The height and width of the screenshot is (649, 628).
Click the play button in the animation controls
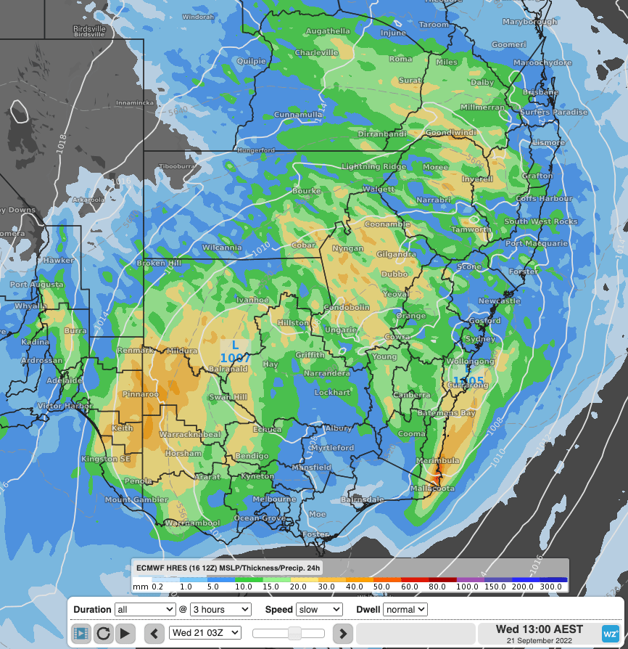click(125, 633)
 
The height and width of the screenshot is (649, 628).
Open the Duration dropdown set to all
click(145, 610)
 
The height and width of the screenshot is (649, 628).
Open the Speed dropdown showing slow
click(318, 610)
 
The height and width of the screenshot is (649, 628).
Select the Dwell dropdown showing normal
click(405, 610)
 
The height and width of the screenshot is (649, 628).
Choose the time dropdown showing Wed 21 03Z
click(204, 633)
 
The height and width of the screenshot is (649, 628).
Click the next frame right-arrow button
click(343, 633)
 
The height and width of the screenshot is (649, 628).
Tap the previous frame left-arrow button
click(154, 633)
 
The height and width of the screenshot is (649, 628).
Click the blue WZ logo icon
click(611, 633)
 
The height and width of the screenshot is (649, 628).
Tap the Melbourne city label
click(274, 499)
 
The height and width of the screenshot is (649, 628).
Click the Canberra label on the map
click(411, 395)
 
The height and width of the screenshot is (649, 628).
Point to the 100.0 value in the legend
click(467, 586)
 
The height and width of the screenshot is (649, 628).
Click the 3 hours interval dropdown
click(220, 610)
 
